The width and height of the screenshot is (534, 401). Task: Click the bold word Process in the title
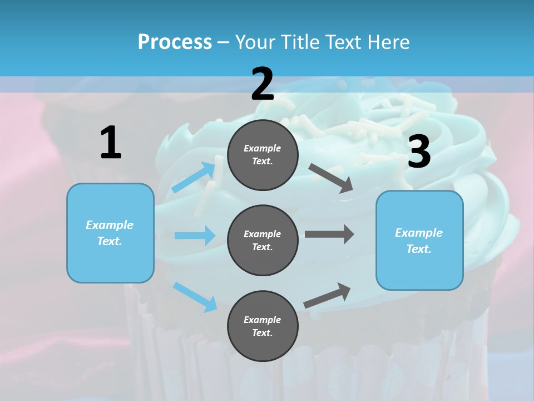pyautogui.click(x=175, y=42)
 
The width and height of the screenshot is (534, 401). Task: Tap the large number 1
pyautogui.click(x=111, y=143)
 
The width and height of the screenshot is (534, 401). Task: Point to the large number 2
pyautogui.click(x=263, y=85)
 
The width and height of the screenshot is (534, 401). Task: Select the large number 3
pyautogui.click(x=419, y=152)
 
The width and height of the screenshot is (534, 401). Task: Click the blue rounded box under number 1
pyautogui.click(x=110, y=233)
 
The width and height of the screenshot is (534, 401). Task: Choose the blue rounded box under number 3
pyautogui.click(x=419, y=240)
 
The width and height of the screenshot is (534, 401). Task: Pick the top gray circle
pyautogui.click(x=263, y=155)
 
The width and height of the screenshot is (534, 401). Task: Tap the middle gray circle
pyautogui.click(x=263, y=240)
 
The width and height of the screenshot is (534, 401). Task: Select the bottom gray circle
pyautogui.click(x=263, y=326)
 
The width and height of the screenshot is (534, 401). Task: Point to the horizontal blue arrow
pyautogui.click(x=195, y=236)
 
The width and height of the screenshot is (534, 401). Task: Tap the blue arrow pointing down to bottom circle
pyautogui.click(x=195, y=297)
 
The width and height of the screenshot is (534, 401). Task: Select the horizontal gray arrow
pyautogui.click(x=329, y=234)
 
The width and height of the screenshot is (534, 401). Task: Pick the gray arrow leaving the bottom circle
pyautogui.click(x=327, y=295)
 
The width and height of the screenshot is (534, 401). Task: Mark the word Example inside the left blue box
pyautogui.click(x=110, y=225)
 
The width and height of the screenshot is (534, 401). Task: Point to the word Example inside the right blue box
pyautogui.click(x=419, y=233)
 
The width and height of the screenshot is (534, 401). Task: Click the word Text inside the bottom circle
pyautogui.click(x=261, y=332)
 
